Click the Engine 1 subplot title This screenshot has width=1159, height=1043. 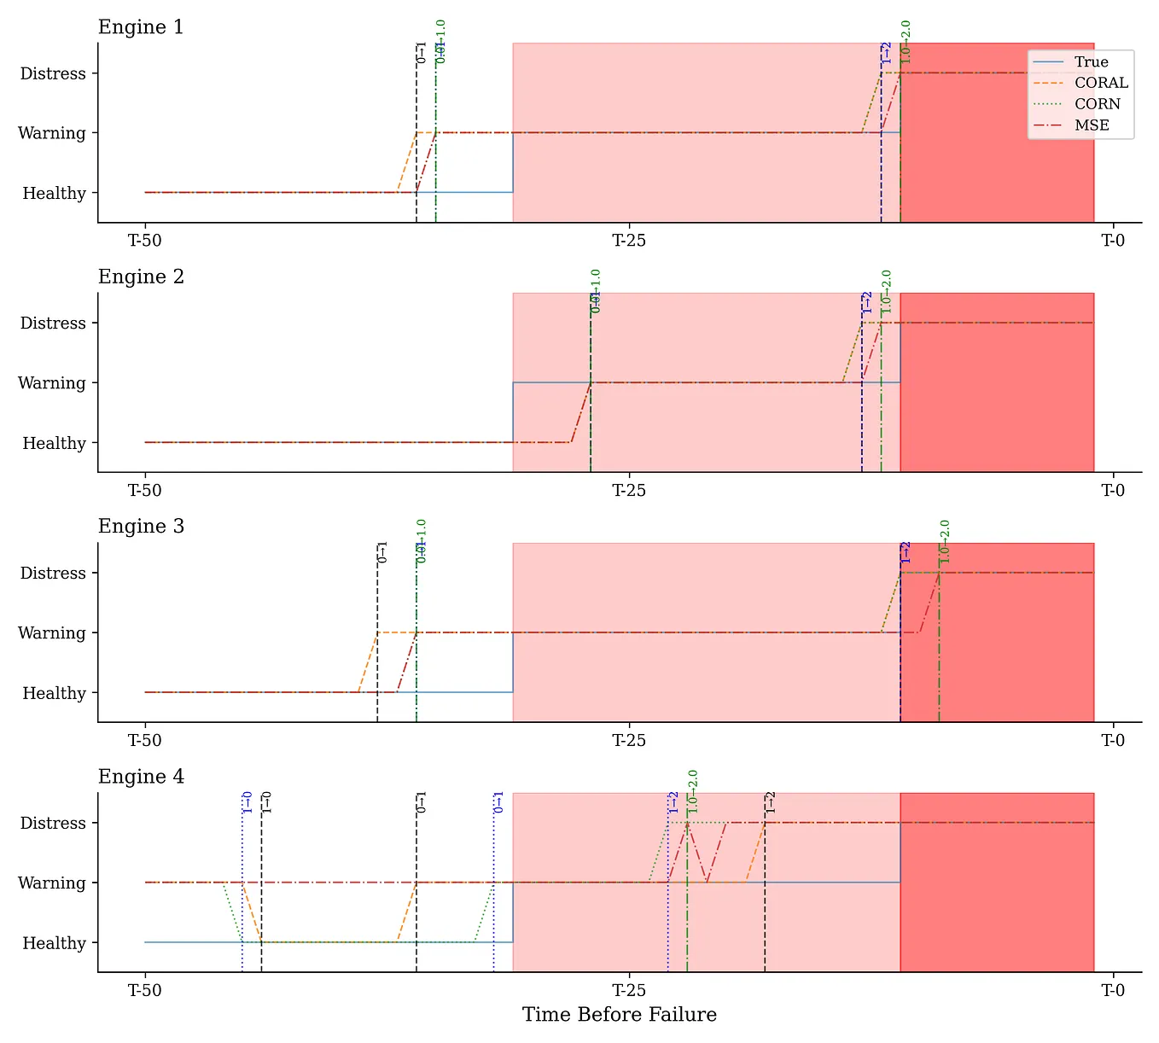[141, 27]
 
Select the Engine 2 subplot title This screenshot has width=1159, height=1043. [141, 277]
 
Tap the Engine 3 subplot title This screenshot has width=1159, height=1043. [141, 527]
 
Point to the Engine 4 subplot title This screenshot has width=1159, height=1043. [141, 777]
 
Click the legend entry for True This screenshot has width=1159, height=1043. [1091, 62]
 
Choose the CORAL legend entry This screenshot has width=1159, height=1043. [1101, 83]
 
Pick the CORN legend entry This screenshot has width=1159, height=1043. [1098, 104]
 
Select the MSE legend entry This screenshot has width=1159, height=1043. [1092, 125]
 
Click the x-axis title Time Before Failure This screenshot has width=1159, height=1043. [620, 1015]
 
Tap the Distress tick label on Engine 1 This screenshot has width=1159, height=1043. [53, 74]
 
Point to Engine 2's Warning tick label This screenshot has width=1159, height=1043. [52, 383]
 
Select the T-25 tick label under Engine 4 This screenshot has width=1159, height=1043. [629, 991]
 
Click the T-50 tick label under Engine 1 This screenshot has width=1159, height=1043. [145, 241]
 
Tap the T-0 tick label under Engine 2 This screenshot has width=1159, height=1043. [1113, 491]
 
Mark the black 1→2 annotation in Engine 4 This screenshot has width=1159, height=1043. [771, 802]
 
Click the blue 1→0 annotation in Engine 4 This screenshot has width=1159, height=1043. [248, 802]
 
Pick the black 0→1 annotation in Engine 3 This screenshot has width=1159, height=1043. [382, 552]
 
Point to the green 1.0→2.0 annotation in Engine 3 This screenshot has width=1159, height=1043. [945, 541]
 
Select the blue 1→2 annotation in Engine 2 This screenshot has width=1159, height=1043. [867, 302]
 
